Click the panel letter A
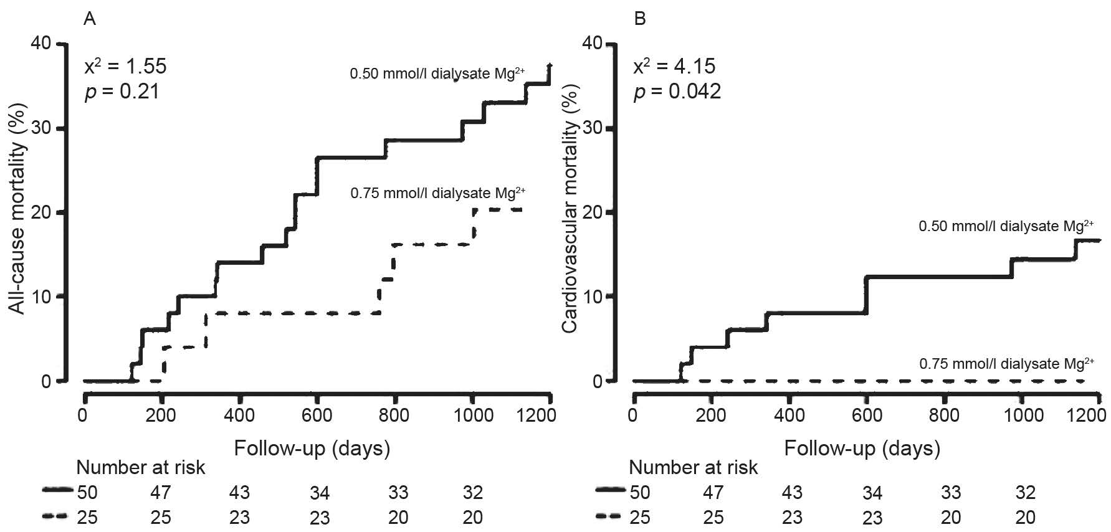(x=90, y=19)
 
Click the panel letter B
(x=640, y=19)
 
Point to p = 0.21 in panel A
(x=122, y=92)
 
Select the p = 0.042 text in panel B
(x=677, y=92)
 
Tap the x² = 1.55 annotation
(x=125, y=65)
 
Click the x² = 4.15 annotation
(x=674, y=65)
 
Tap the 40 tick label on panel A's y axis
(x=42, y=44)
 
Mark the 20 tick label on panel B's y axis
(x=592, y=212)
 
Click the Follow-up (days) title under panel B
(x=862, y=449)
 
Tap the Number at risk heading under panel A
(x=141, y=467)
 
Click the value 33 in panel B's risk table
(x=951, y=493)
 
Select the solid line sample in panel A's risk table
(x=58, y=491)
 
